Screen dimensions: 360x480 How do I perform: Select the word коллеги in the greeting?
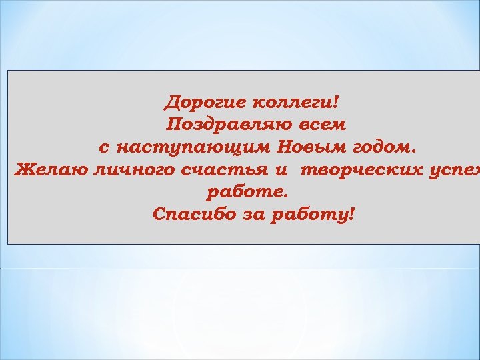pyautogui.click(x=291, y=103)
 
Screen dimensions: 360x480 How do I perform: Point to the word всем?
pyautogui.click(x=321, y=124)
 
